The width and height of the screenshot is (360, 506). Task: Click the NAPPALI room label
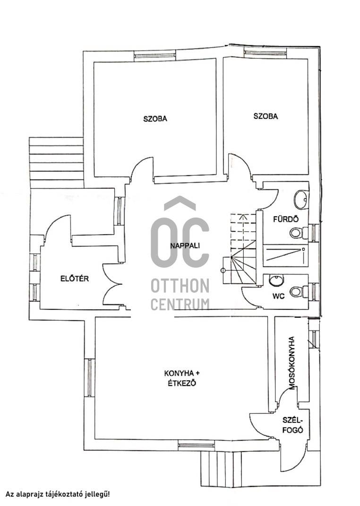pos(185,245)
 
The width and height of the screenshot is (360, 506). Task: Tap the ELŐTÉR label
pos(75,278)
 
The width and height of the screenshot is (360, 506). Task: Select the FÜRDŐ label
pos(286,219)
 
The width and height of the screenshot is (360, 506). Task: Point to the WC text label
pos(278,296)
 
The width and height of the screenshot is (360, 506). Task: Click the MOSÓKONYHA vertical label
pos(291,363)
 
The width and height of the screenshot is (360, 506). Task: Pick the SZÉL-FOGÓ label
pos(292,425)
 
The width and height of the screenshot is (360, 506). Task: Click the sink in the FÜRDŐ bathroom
pos(301,200)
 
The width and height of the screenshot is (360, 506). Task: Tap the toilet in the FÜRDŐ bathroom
pos(299,233)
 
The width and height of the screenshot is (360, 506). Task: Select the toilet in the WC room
pos(299,292)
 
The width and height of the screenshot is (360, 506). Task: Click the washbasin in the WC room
pos(276,280)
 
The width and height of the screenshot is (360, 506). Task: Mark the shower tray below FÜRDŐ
pos(285,256)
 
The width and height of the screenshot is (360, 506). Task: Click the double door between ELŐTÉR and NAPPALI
pos(112,284)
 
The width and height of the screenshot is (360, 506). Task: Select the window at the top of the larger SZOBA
pos(155,56)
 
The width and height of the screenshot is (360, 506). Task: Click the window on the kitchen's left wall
pos(89,377)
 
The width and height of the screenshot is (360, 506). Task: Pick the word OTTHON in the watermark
pos(180,286)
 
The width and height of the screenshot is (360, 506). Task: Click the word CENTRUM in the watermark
pos(180,304)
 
